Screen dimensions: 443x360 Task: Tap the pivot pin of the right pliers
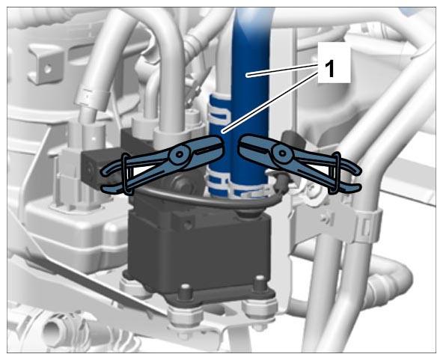pyautogui.click(x=282, y=153)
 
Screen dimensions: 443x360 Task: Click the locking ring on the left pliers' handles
pyautogui.click(x=127, y=174)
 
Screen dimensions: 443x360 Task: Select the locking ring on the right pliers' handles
pyautogui.click(x=334, y=173)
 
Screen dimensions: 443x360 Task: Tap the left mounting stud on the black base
pyautogui.click(x=185, y=292)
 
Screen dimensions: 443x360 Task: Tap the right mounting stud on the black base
pyautogui.click(x=260, y=284)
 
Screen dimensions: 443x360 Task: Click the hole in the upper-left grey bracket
pyautogui.click(x=48, y=68)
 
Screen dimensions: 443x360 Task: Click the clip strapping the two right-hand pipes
pyautogui.click(x=367, y=226)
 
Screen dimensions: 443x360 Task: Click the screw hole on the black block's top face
pyautogui.click(x=186, y=225)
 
